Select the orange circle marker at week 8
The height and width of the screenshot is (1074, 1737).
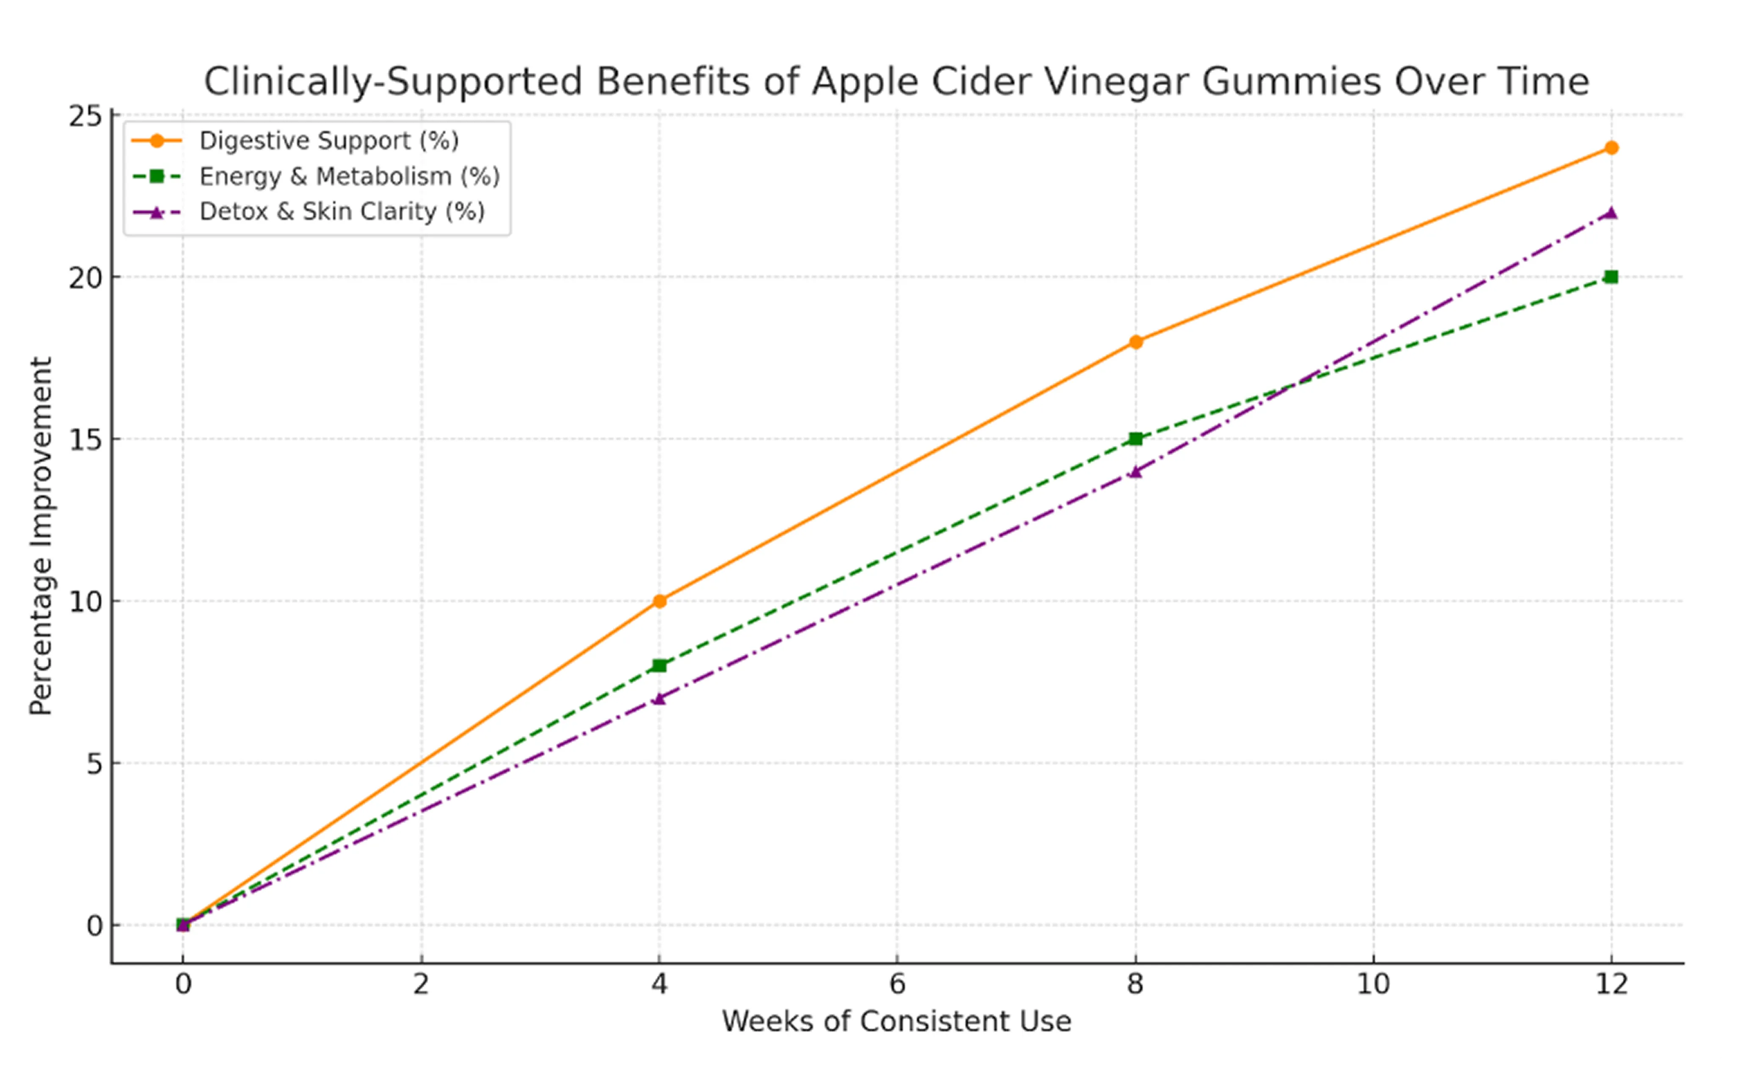(x=1136, y=342)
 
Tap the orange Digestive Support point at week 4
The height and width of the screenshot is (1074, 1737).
(x=659, y=601)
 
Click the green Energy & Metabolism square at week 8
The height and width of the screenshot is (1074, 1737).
(x=1136, y=439)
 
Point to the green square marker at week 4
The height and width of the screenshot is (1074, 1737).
(x=659, y=666)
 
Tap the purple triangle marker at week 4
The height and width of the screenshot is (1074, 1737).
(x=659, y=699)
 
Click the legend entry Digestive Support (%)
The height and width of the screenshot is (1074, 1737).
(x=329, y=141)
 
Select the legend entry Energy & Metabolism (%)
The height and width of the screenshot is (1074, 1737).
(x=349, y=176)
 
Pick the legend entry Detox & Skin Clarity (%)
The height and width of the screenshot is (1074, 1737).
(x=342, y=212)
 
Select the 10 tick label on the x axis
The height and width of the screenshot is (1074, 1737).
(x=1373, y=985)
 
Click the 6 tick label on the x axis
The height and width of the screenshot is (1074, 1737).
(x=897, y=985)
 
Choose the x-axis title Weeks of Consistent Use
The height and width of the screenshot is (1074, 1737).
(x=896, y=1021)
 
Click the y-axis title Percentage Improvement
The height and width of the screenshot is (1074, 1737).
(x=41, y=536)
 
